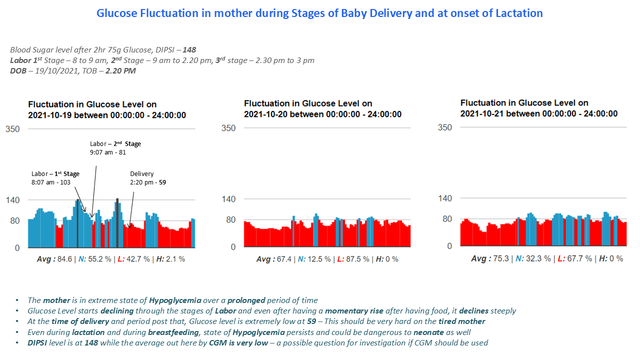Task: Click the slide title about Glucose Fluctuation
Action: [x=319, y=13]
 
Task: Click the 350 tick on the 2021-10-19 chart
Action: [x=12, y=129]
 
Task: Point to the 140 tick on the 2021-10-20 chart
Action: [x=228, y=199]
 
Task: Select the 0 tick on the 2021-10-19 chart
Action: [x=17, y=248]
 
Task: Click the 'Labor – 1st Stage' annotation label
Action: [x=55, y=178]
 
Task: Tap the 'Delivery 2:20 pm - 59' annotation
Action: [x=147, y=178]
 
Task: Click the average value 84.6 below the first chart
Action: [x=64, y=259]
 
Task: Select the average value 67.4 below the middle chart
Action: [x=283, y=259]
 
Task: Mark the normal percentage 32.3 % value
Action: [x=537, y=258]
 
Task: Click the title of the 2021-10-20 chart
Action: [x=322, y=108]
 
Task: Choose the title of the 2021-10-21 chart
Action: [x=538, y=108]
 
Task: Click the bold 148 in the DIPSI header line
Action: [x=189, y=50]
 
